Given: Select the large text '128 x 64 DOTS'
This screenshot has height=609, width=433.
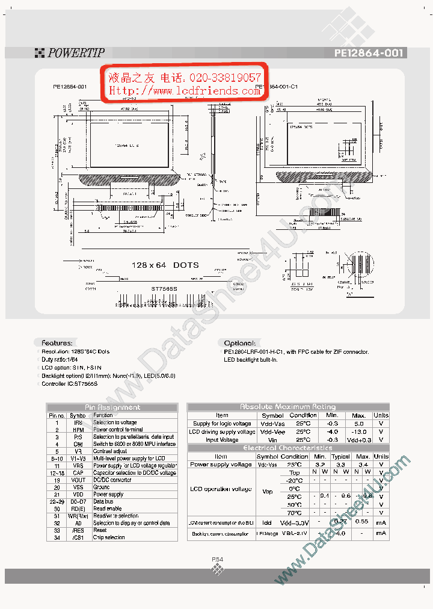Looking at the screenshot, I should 165,265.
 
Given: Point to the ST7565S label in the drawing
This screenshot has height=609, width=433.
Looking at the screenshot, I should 164,289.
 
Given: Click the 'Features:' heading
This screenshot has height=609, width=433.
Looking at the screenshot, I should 57,342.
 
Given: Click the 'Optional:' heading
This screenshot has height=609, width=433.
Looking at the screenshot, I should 239,343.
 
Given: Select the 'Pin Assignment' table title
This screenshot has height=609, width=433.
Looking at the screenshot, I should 112,407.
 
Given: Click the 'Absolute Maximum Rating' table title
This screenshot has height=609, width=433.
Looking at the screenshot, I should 288,407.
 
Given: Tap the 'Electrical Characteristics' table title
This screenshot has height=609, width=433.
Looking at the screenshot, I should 288,448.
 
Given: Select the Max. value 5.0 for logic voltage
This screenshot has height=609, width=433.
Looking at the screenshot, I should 358,424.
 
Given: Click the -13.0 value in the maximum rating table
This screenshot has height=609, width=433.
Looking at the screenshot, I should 358,431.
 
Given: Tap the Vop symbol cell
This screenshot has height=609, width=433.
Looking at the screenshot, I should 268,492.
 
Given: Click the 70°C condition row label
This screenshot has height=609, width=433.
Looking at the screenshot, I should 294,513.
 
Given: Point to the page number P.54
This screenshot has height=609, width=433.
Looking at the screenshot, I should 217,560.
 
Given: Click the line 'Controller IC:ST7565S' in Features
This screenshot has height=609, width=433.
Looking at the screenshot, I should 69,383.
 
